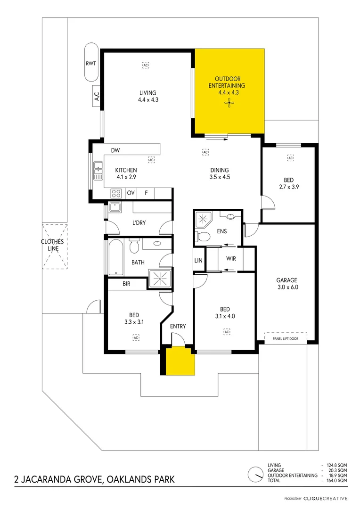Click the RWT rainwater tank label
click(x=90, y=63)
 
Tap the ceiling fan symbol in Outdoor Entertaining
click(x=229, y=105)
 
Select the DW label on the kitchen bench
click(x=116, y=150)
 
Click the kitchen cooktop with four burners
click(x=116, y=193)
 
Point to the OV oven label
click(x=131, y=193)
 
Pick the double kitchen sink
click(x=98, y=171)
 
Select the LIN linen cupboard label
click(x=198, y=261)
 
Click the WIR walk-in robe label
click(x=231, y=259)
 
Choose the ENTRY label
click(x=178, y=326)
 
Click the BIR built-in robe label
click(x=126, y=284)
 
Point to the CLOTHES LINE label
click(x=52, y=245)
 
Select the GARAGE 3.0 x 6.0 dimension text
click(x=287, y=287)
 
